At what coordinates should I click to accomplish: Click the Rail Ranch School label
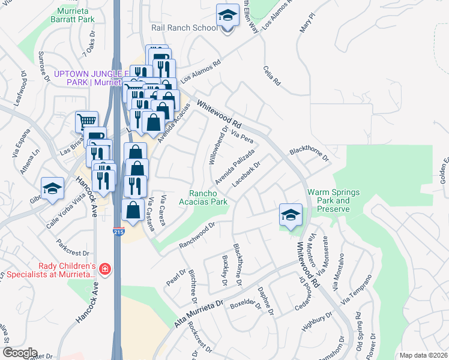coord(193,28)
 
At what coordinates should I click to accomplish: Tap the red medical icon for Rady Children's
coord(106,269)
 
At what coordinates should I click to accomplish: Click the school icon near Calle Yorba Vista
coord(53,188)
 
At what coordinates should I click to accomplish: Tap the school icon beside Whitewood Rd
coord(291,215)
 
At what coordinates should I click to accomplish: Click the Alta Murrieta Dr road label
coord(198,313)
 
